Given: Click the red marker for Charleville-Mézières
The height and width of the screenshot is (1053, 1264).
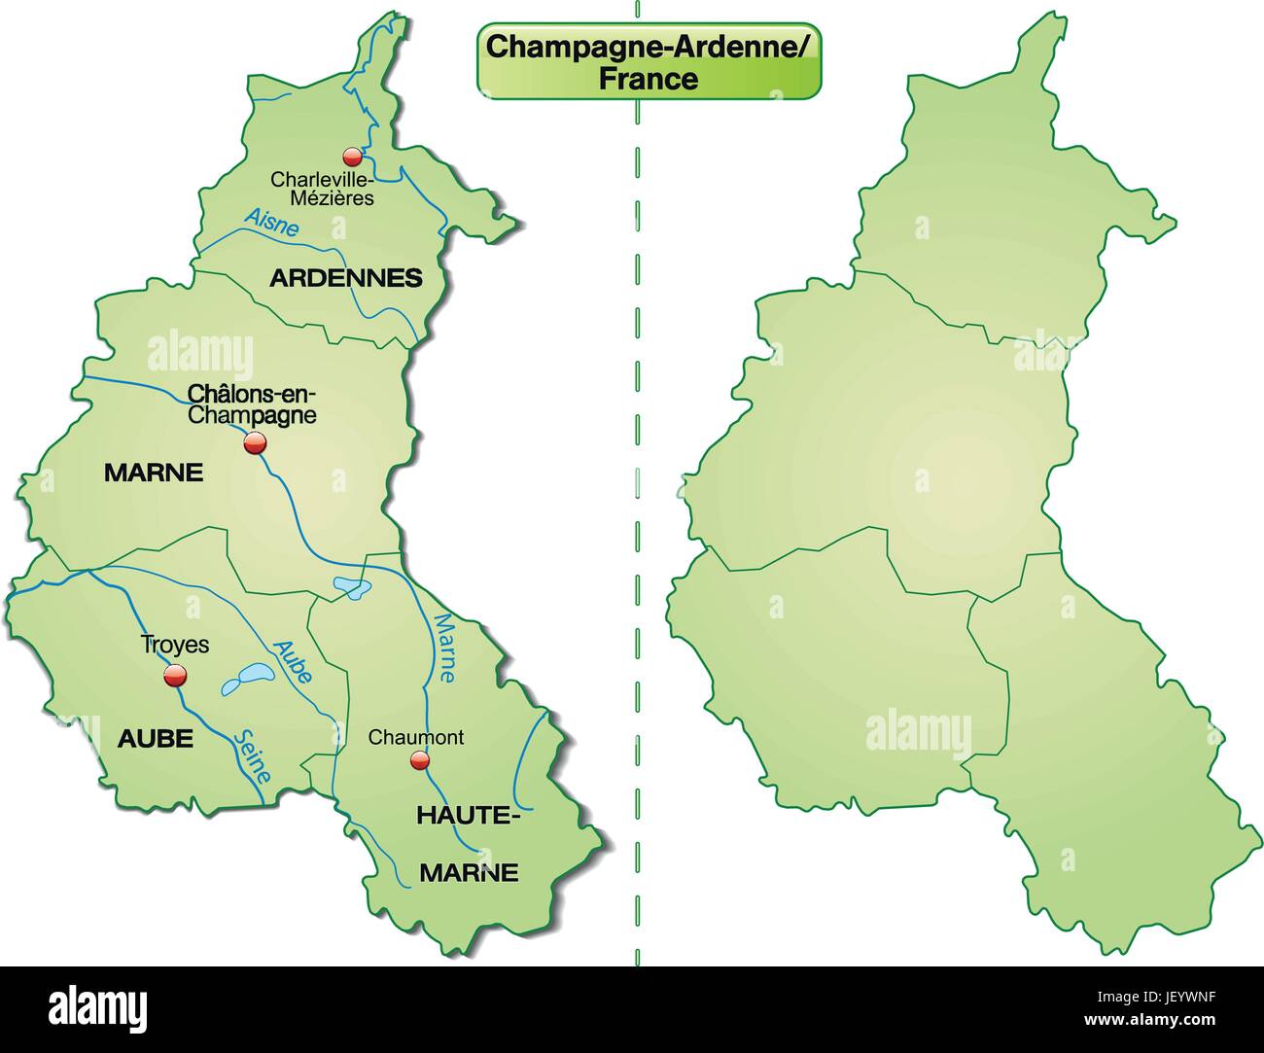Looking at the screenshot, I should [x=353, y=157].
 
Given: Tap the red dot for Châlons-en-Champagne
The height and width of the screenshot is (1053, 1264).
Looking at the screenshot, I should [x=255, y=444].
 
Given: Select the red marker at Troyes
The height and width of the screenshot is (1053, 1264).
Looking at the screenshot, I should [x=175, y=676].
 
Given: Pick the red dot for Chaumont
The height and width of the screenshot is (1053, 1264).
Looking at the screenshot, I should [x=419, y=759].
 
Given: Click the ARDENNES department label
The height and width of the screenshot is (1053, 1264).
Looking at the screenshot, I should [x=346, y=278].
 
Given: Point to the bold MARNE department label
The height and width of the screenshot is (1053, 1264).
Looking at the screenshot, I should [x=154, y=474].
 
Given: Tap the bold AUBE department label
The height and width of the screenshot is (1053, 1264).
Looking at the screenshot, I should [x=156, y=739].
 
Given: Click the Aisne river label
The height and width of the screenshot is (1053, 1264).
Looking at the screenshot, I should [x=272, y=221].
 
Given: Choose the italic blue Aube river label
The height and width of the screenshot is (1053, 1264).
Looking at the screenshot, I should [x=292, y=661].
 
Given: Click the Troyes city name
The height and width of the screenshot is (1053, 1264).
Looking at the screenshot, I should [x=175, y=644].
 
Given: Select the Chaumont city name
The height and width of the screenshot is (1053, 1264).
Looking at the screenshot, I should [x=415, y=737].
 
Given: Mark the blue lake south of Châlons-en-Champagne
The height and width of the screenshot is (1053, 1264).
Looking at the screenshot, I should [x=351, y=587].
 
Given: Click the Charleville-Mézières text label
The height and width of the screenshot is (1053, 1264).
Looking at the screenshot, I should [x=322, y=189].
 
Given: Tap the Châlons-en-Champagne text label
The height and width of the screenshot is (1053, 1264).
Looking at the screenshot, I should [x=252, y=405].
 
